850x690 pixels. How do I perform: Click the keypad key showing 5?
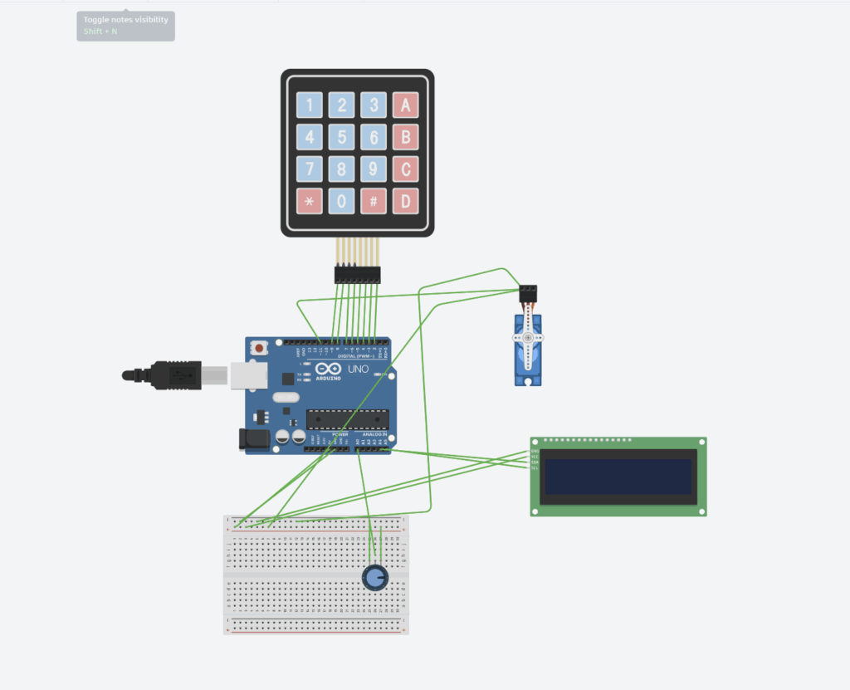point(341,137)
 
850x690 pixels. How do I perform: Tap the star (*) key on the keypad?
point(310,200)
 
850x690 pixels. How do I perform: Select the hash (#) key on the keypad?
point(374,200)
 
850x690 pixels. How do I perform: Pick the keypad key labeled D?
point(405,200)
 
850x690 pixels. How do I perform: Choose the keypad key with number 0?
point(341,200)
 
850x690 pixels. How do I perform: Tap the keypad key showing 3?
point(374,105)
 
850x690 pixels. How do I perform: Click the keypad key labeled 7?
point(310,169)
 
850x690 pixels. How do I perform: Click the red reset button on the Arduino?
point(259,348)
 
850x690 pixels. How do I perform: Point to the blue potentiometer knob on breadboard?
point(375,577)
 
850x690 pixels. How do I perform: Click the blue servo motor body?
point(527,349)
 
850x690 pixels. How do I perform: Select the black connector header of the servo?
point(527,293)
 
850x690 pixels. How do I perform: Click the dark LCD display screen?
point(618,477)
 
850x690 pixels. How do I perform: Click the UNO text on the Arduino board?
point(358,369)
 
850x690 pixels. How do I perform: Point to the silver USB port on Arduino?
point(247,375)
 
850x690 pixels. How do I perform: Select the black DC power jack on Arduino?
point(252,439)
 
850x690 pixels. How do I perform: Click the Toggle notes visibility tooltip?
point(125,26)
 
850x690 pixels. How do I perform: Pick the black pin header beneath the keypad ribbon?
point(357,274)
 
